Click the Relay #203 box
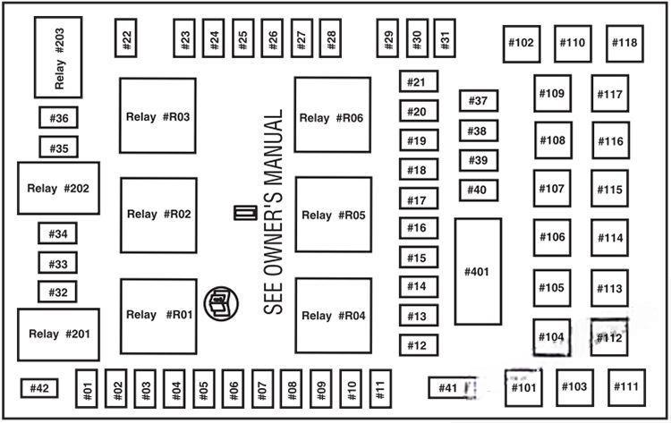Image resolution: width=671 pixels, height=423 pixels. coord(58,56)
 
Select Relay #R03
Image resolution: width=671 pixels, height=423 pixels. coord(158,116)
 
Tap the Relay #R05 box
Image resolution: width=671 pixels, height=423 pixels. coord(333,215)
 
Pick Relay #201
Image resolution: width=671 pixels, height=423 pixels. coord(58,334)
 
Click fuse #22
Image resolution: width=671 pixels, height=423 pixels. coord(127,38)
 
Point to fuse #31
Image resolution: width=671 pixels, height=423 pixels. coord(445,38)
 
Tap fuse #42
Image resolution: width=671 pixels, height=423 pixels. coord(39,388)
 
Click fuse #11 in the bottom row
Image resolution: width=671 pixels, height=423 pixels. coord(380,389)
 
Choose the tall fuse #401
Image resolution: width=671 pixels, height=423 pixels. coord(477,272)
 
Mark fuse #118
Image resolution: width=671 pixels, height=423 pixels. coord(625,42)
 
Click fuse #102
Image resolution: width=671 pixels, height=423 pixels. coord(521,42)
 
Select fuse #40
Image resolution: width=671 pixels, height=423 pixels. coord(478,190)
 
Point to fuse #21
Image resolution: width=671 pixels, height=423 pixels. coord(418,83)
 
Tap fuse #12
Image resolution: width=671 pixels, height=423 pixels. coord(418,345)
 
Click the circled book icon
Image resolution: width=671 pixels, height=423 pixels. coord(218,305)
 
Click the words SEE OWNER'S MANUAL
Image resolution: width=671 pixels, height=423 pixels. coord(274,212)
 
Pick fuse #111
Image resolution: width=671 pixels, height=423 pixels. coord(627,386)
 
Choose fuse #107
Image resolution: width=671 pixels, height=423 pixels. coord(553,189)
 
